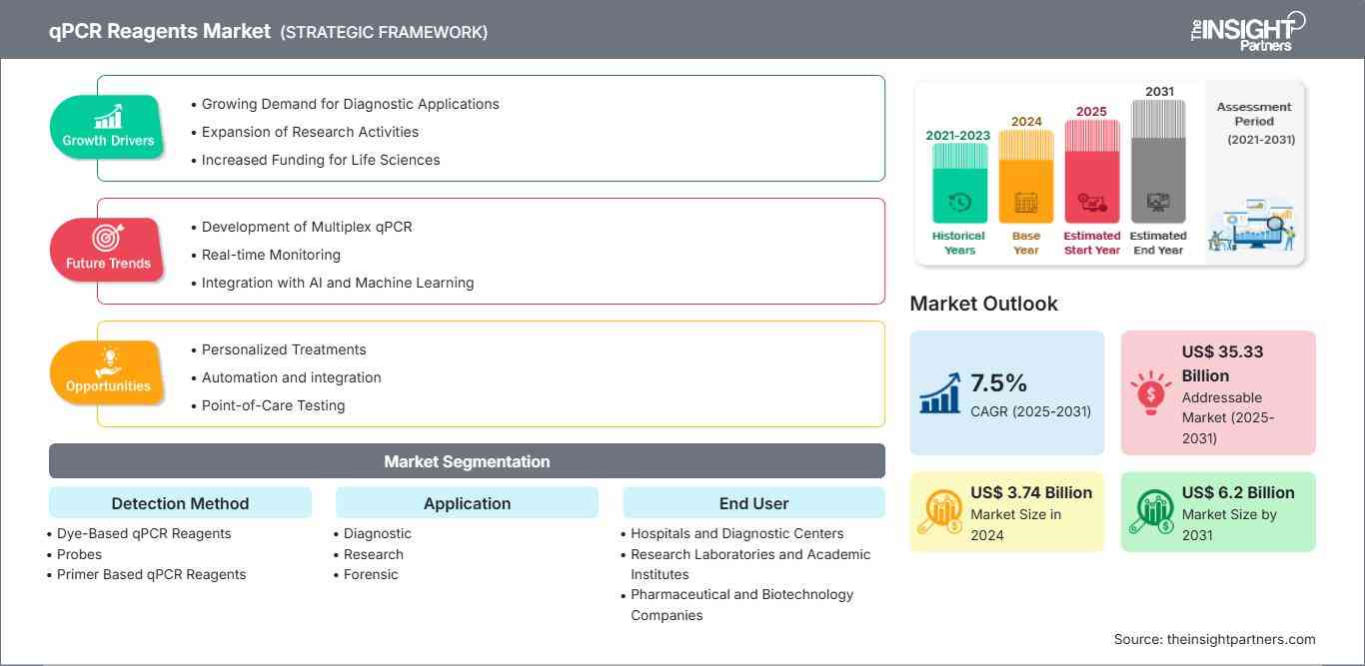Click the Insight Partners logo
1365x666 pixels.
[1248, 31]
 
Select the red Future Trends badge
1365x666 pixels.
[107, 250]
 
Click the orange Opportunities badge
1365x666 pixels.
[107, 372]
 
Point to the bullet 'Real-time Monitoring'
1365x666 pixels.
[271, 255]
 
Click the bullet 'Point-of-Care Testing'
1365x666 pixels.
[273, 405]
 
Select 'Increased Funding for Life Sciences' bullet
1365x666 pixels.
[320, 160]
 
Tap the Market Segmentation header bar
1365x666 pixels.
[467, 461]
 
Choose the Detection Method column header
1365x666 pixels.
[180, 503]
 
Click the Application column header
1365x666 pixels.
[467, 503]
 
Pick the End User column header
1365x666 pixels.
[753, 503]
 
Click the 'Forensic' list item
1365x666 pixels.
[370, 574]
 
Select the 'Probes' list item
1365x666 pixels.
[79, 554]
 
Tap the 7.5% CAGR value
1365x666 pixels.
[998, 383]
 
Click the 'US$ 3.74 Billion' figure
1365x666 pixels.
[1031, 492]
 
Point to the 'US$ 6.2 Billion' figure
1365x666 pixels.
[1238, 492]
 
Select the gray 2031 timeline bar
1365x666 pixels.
[1158, 162]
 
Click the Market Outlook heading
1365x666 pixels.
[983, 304]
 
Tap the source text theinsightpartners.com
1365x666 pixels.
[1214, 639]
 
